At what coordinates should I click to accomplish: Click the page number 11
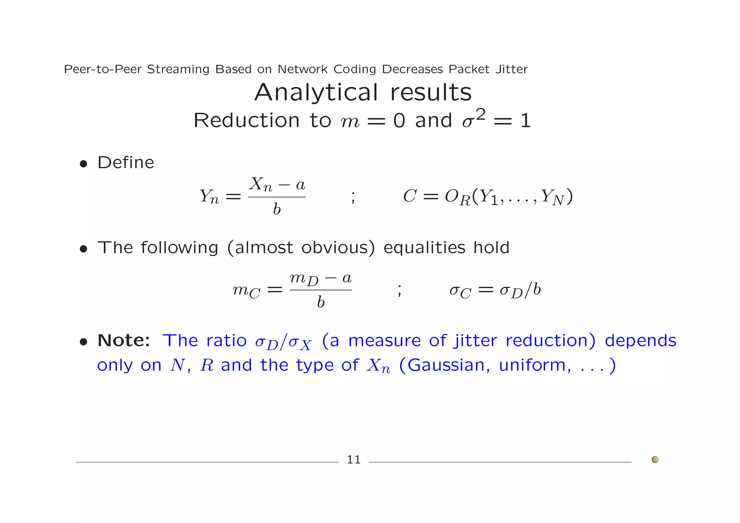point(353,459)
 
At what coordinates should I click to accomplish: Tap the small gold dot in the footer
point(655,459)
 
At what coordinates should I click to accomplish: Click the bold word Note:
point(124,340)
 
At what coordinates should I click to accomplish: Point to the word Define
point(126,163)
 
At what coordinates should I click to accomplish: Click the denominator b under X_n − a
point(277,209)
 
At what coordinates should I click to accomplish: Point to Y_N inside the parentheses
point(552,197)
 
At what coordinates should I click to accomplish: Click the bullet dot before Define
point(83,164)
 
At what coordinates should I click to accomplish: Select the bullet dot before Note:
point(83,342)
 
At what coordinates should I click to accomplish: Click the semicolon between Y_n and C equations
point(353,197)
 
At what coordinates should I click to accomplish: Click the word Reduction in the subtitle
point(246,120)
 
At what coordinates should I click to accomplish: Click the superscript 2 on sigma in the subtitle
point(480,115)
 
